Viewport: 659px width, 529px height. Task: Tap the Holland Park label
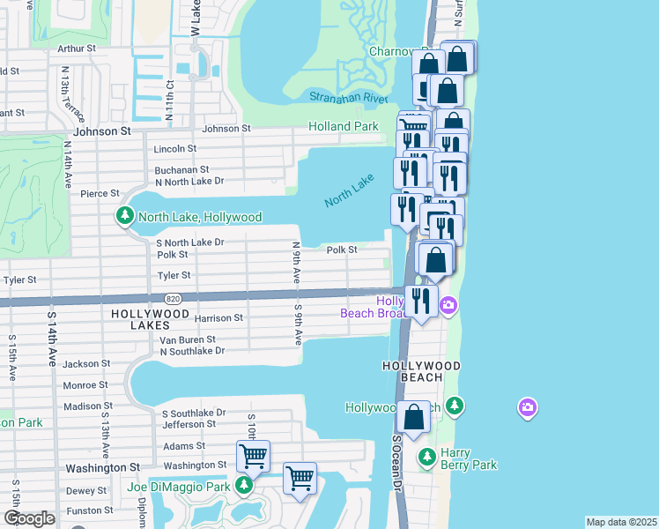343,127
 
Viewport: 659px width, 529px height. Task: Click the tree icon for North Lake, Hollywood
125,216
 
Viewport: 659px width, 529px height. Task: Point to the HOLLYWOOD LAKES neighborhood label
150,314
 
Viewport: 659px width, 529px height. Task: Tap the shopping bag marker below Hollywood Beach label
413,419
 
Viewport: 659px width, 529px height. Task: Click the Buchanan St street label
181,169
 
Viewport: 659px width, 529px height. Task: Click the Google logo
28,518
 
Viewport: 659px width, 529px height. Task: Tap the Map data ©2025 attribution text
621,522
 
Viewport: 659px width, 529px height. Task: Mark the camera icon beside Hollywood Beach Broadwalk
449,306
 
